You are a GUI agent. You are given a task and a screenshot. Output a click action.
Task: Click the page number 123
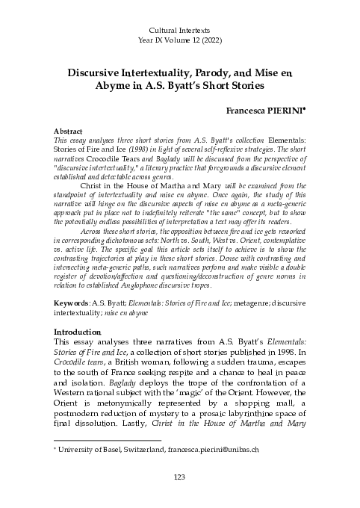(x=179, y=477)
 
